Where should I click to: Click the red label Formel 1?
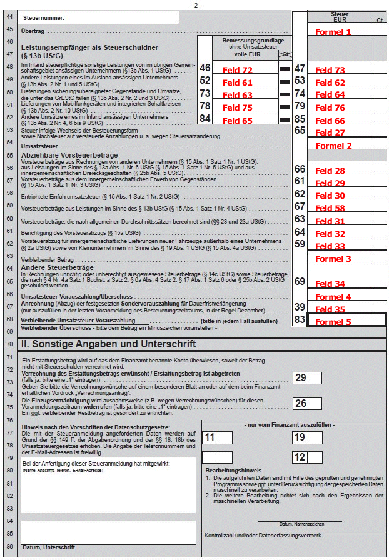pyautogui.click(x=333, y=32)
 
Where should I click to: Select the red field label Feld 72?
pyautogui.click(x=238, y=71)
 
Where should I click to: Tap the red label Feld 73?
pyautogui.click(x=330, y=71)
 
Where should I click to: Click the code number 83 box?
pyautogui.click(x=300, y=320)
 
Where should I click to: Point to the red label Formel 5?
pyautogui.click(x=333, y=322)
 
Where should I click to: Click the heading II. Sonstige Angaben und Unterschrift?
pyautogui.click(x=108, y=344)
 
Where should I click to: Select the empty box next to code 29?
pyautogui.click(x=315, y=377)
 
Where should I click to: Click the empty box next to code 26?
pyautogui.click(x=315, y=404)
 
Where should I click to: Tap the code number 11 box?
pyautogui.click(x=210, y=437)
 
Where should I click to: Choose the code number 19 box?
pyautogui.click(x=300, y=437)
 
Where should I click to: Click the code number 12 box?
pyautogui.click(x=300, y=457)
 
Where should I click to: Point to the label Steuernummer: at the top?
pyautogui.click(x=44, y=19)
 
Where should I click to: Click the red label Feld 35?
pyautogui.click(x=330, y=309)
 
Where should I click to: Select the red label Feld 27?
pyautogui.click(x=330, y=132)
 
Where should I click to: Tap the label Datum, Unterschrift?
pyautogui.click(x=48, y=547)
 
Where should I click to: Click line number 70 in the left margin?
pyautogui.click(x=9, y=344)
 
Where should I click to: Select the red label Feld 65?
pyautogui.click(x=238, y=121)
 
